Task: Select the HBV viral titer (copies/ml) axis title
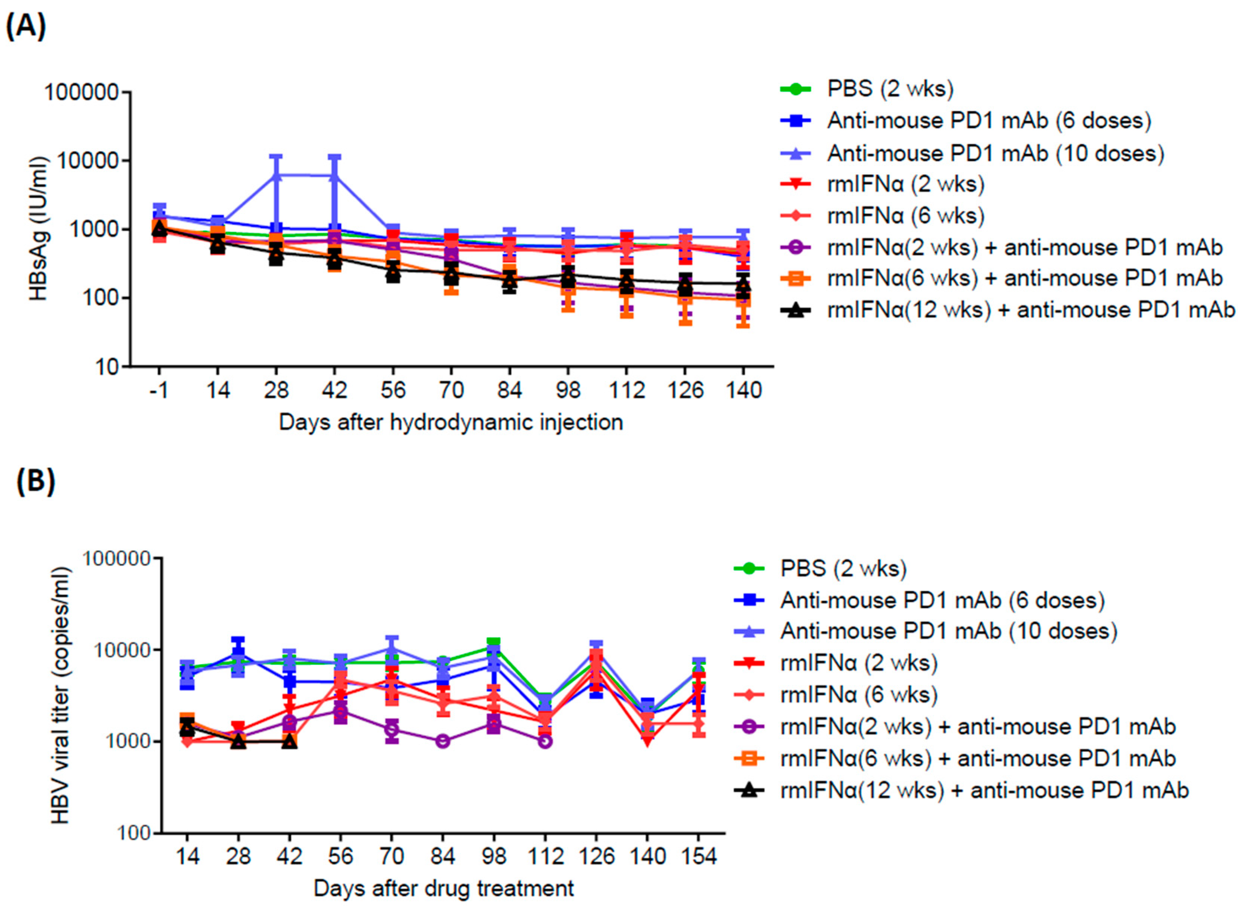pos(61,695)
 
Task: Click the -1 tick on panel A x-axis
pos(159,391)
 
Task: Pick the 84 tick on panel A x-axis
pos(510,391)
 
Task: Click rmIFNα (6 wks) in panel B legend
pos(859,695)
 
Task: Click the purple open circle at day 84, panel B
pos(443,741)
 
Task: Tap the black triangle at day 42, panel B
pos(290,741)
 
